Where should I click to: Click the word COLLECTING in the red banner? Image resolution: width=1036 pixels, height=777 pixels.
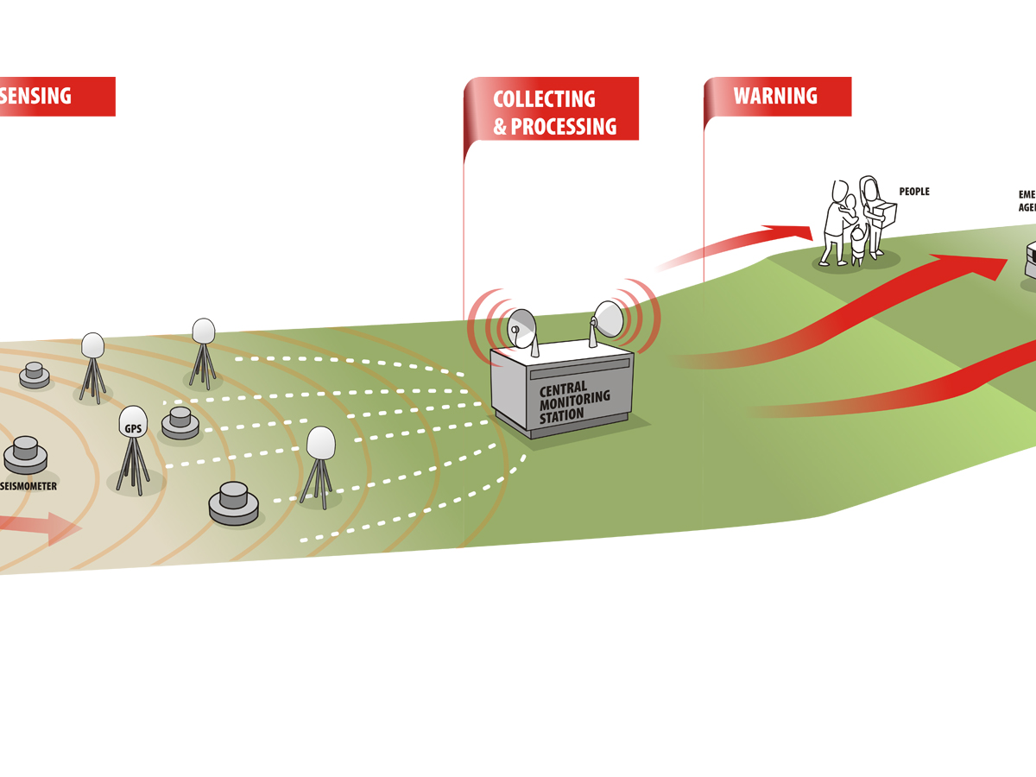(544, 99)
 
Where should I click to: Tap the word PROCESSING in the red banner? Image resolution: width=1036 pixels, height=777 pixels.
(564, 127)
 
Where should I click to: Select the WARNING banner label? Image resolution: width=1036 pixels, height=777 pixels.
(775, 96)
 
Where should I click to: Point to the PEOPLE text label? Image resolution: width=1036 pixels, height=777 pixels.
(914, 192)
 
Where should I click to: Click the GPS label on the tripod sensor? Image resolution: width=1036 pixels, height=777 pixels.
(133, 426)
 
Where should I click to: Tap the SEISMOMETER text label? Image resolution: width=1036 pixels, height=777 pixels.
(28, 486)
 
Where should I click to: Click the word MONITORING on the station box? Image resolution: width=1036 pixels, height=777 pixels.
(574, 398)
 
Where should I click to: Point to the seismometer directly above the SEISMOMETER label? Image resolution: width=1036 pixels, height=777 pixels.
(26, 454)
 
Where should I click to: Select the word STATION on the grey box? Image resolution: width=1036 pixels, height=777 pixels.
(562, 414)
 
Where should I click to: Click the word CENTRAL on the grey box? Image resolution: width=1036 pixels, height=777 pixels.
(562, 388)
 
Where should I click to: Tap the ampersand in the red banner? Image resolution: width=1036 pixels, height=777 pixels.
(500, 128)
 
